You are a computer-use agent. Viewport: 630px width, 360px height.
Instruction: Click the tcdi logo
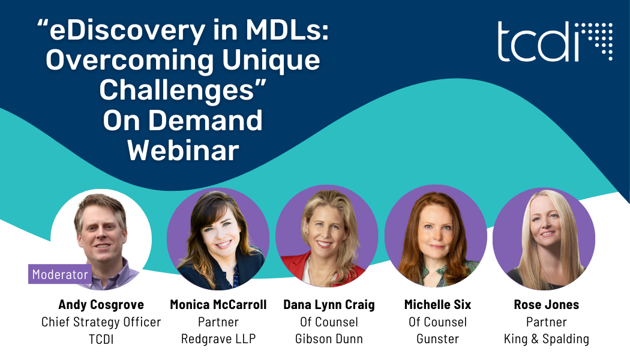point(555,41)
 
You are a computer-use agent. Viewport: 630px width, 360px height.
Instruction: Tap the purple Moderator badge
point(60,274)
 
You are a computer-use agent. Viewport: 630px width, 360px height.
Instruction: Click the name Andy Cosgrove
point(101,305)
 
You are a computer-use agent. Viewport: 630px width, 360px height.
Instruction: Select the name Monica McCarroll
point(218,305)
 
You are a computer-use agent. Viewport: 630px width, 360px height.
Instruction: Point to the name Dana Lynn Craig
point(329,305)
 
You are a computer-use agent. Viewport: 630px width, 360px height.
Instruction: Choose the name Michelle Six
point(437,305)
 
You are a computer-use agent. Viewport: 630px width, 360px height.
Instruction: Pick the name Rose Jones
point(547,305)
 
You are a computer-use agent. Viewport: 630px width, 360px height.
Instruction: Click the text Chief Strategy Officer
point(101,322)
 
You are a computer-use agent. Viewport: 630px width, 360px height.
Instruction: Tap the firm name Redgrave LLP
point(218,339)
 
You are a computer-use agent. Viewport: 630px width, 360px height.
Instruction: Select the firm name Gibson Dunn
point(329,339)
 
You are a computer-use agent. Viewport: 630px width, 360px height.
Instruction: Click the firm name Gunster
point(437,339)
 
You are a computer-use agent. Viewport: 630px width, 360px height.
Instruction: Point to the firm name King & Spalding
point(547,339)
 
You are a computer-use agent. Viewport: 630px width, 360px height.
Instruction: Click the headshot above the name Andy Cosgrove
point(101,239)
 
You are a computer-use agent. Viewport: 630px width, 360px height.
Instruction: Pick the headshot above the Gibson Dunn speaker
point(326,236)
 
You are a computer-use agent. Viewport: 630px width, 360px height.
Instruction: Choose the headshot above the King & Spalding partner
point(544,239)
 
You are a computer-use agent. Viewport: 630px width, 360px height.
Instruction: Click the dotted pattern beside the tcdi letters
point(599,41)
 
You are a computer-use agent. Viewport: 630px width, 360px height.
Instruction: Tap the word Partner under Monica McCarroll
point(218,322)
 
